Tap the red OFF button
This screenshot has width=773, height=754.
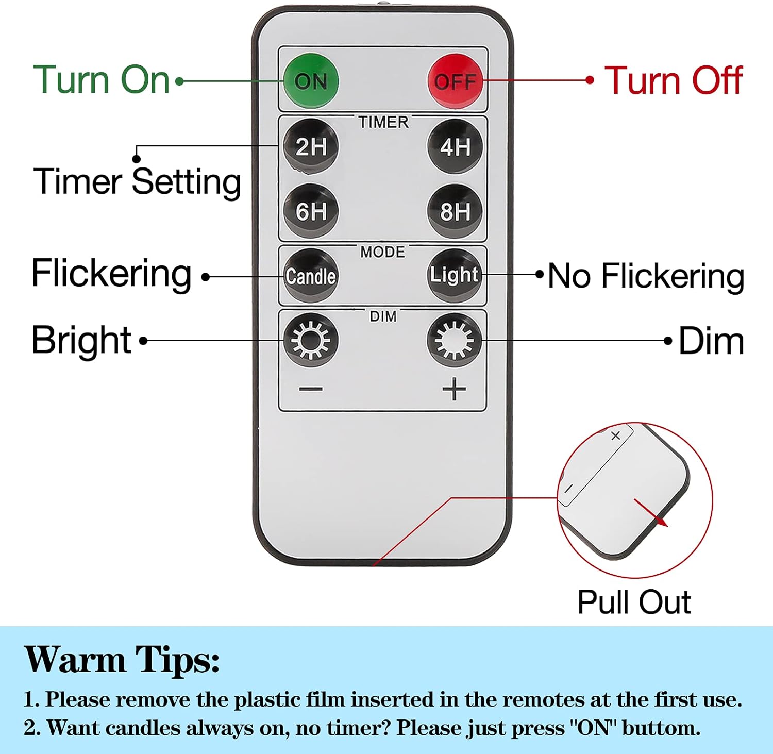tap(456, 81)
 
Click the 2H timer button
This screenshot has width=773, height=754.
tap(311, 146)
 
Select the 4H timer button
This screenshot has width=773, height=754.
tap(455, 146)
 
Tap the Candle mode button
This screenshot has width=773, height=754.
tap(311, 276)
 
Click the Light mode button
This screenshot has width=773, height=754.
tap(455, 276)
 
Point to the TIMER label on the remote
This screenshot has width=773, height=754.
tap(383, 122)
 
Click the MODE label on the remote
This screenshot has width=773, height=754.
tap(383, 252)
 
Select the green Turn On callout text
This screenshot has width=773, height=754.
tap(102, 80)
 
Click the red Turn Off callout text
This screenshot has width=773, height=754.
tap(674, 80)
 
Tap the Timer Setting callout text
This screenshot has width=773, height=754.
tap(138, 182)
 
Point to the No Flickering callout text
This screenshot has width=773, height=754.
tap(646, 276)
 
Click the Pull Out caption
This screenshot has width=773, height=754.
tap(634, 602)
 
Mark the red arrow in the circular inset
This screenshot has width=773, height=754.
tap(651, 513)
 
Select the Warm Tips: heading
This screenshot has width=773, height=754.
tap(122, 660)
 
